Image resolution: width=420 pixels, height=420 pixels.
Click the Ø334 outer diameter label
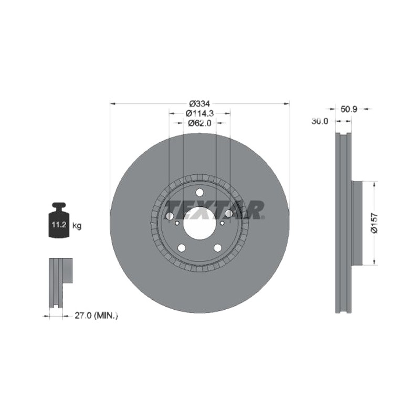pyautogui.click(x=199, y=103)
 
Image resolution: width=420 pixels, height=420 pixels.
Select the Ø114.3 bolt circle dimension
pyautogui.click(x=200, y=113)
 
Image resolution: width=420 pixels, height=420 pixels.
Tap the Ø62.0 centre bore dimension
pyautogui.click(x=200, y=123)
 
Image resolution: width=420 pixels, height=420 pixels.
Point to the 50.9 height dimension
pyautogui.click(x=349, y=109)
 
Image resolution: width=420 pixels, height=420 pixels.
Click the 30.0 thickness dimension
pyautogui.click(x=320, y=121)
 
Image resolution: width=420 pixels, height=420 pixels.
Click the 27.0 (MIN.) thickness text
pyautogui.click(x=96, y=316)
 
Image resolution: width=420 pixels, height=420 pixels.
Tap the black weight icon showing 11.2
pyautogui.click(x=59, y=220)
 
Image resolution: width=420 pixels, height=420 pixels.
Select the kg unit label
pyautogui.click(x=77, y=226)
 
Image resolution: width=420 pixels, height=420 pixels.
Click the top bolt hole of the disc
pyautogui.click(x=199, y=192)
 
